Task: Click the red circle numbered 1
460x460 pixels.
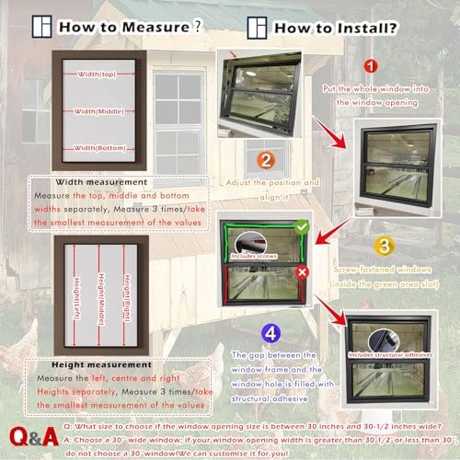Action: tap(368, 66)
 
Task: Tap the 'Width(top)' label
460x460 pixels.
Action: tap(97, 74)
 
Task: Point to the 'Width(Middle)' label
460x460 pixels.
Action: tap(97, 110)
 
